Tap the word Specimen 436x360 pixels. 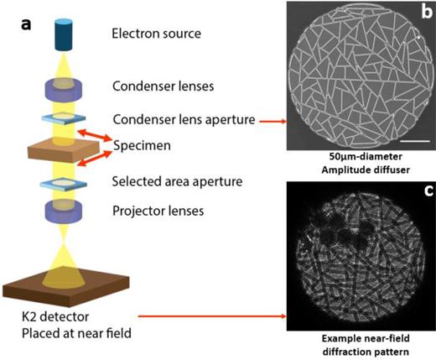(x=143, y=147)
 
